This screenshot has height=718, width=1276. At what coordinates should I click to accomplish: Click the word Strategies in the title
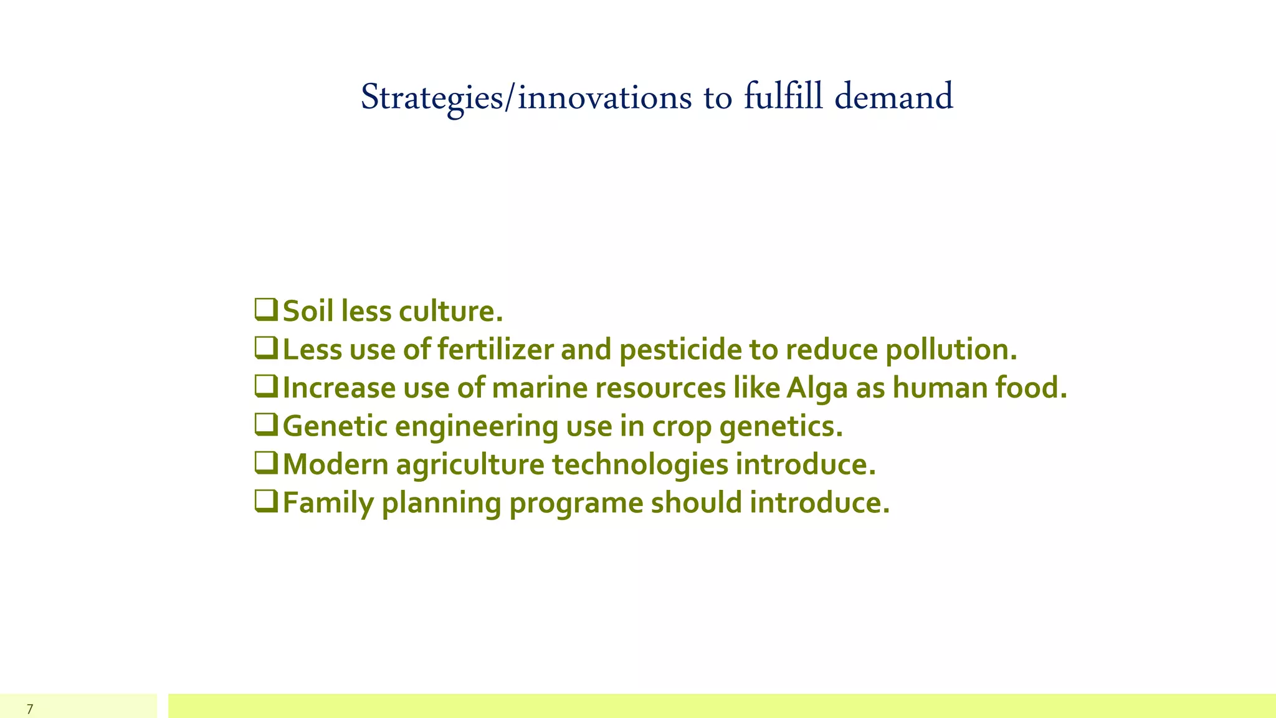pos(431,98)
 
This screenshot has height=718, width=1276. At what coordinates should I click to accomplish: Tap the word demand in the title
pos(893,97)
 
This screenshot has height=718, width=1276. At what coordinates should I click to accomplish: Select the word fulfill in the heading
pos(783,97)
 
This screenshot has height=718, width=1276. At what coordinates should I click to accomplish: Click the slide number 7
pos(30,709)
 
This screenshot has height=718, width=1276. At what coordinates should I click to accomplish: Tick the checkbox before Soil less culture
pos(266,310)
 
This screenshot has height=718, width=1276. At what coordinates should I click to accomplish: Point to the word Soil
pos(308,311)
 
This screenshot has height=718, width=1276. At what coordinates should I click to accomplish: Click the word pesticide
pos(680,350)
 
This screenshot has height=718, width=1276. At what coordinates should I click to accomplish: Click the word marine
pos(540,388)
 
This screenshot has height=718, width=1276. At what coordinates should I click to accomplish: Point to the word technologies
pos(640,465)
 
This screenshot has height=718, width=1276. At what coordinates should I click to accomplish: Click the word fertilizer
pos(495,350)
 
